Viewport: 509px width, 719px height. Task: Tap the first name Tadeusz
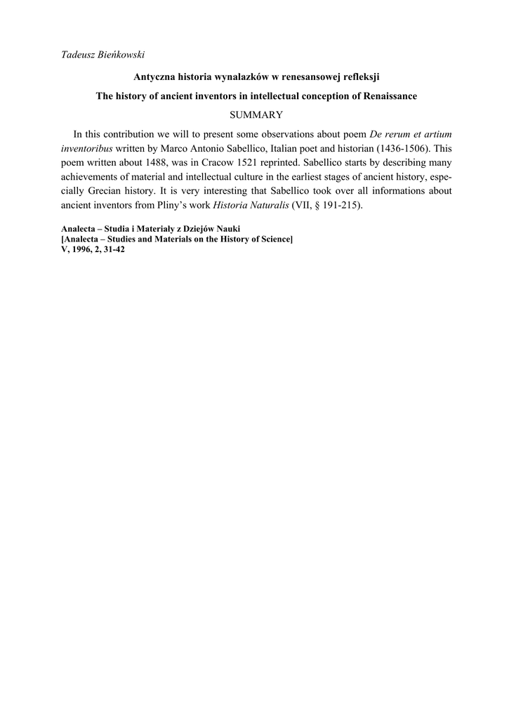[79, 54]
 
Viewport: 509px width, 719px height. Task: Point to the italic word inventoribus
[87, 148]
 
